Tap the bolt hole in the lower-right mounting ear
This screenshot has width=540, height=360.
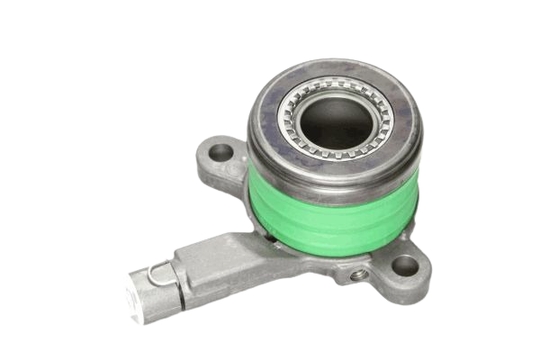406,265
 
